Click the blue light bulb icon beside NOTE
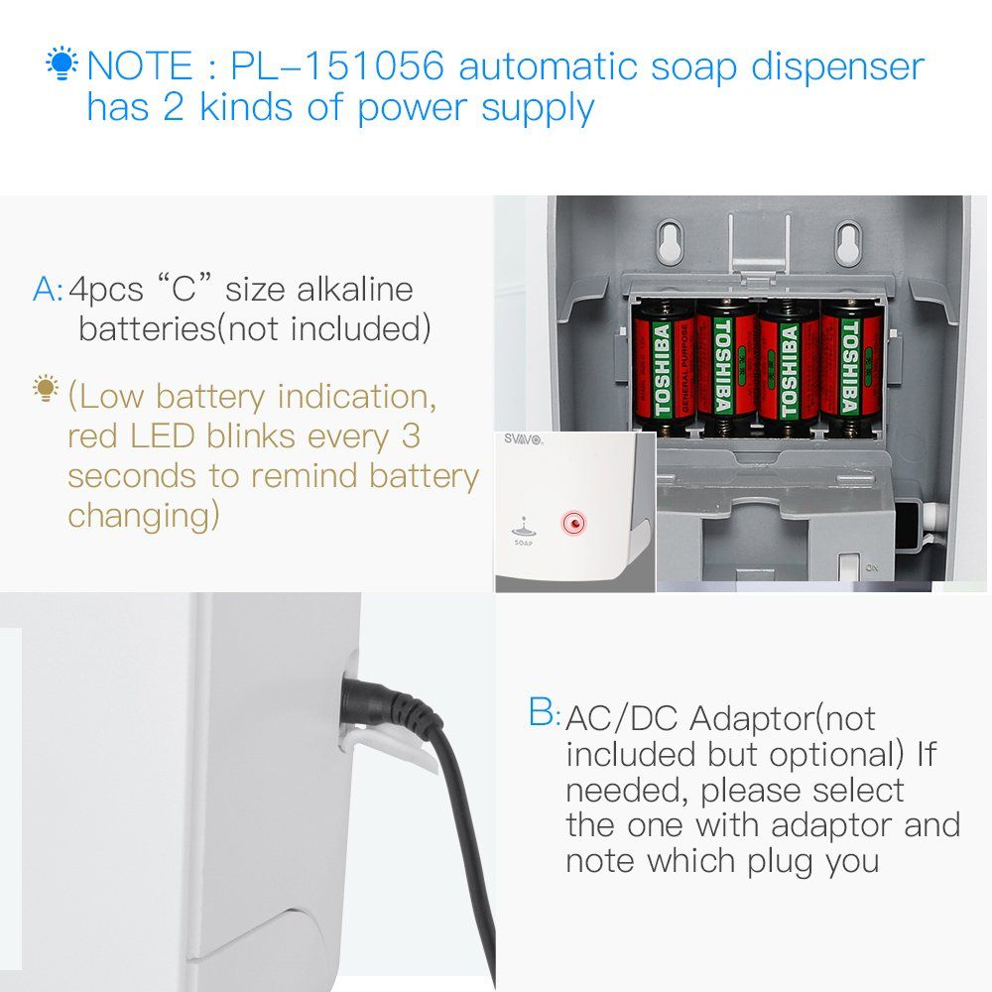coord(62,62)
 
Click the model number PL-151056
coord(336,65)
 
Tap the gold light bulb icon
coord(46,389)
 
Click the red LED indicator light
coord(574,523)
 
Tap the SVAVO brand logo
coord(523,439)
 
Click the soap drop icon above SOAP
coord(523,526)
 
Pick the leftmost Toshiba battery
coord(664,368)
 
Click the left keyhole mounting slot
coord(670,242)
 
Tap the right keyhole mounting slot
coord(848,242)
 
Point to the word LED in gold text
coord(162,435)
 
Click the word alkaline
coord(355,289)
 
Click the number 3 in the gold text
coord(411,435)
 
